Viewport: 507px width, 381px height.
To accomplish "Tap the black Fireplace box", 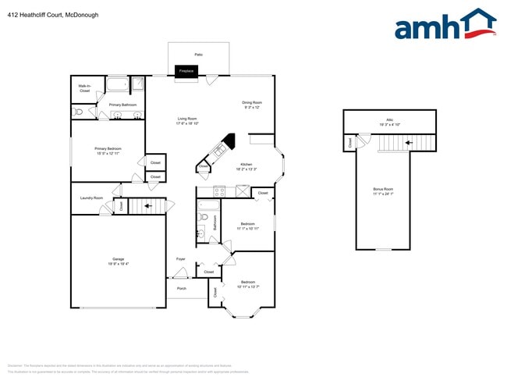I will (x=186, y=71).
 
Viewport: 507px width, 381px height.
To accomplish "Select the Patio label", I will (x=198, y=54).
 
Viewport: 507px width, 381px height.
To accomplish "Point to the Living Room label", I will (x=187, y=120).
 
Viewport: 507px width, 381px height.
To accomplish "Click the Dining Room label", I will (x=252, y=105).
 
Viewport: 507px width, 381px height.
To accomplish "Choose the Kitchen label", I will (x=247, y=166).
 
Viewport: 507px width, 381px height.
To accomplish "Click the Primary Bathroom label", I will (x=122, y=105).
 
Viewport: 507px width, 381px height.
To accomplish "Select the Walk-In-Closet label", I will (x=85, y=89).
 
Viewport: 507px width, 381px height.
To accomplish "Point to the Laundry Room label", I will (x=91, y=198).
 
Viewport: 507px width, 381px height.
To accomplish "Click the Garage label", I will (x=118, y=261).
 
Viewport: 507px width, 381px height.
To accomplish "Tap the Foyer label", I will (x=180, y=258).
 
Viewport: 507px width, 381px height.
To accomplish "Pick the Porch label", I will (x=181, y=288).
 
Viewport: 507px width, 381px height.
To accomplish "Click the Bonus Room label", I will (x=383, y=190).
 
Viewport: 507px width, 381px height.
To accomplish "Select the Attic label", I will (x=389, y=122).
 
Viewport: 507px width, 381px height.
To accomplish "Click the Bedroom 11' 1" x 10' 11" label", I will (x=247, y=226).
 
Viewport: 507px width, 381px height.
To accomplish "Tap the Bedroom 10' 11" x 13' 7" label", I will (x=247, y=283).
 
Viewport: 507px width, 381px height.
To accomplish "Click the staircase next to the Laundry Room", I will (x=147, y=205).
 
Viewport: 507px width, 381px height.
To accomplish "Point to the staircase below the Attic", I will (x=395, y=143).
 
